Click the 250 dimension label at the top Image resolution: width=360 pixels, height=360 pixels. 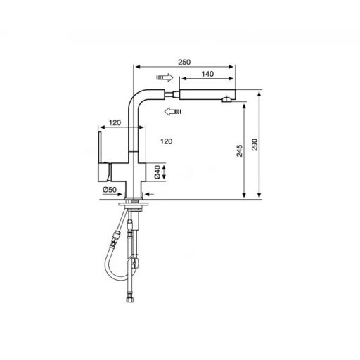(185, 62)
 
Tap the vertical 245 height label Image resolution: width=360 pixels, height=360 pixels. (239, 150)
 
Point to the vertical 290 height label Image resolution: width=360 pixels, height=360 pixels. (255, 144)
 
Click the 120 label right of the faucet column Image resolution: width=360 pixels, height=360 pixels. (167, 141)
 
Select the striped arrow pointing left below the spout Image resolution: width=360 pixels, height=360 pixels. (171, 110)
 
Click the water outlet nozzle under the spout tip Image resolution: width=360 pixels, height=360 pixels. (226, 102)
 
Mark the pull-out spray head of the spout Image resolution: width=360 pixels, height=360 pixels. (207, 94)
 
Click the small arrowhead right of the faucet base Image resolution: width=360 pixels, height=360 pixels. (149, 194)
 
